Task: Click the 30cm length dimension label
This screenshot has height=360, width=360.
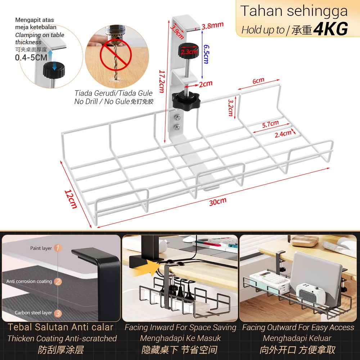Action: [x=217, y=201]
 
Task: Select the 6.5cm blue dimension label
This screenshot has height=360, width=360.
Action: [x=206, y=54]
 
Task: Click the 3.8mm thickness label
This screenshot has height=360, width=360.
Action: [x=212, y=25]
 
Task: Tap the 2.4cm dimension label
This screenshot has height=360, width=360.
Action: [x=283, y=134]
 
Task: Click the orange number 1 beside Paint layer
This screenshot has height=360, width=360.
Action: [x=58, y=248]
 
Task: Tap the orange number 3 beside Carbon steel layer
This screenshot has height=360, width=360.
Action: [x=58, y=313]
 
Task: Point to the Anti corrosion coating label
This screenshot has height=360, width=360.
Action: [x=29, y=281]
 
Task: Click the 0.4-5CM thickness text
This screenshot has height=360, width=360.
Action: [x=31, y=58]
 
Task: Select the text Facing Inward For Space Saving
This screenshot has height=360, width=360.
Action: [x=180, y=328]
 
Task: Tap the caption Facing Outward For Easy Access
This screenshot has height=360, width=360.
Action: [x=298, y=328]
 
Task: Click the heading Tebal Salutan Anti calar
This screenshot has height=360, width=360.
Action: [x=61, y=327]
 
